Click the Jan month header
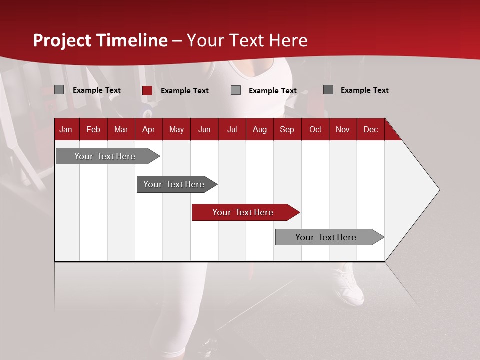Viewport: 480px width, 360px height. click(x=66, y=129)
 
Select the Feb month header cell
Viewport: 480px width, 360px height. click(x=93, y=129)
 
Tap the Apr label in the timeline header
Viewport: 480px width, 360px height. click(x=148, y=129)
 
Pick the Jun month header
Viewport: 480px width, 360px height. click(x=204, y=129)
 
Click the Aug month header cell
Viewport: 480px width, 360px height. click(x=259, y=129)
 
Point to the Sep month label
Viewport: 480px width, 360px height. click(x=287, y=129)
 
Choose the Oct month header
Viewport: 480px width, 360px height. click(x=315, y=129)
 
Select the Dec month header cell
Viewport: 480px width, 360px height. click(x=370, y=129)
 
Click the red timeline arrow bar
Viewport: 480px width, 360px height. click(x=245, y=212)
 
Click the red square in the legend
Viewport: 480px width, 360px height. click(x=147, y=90)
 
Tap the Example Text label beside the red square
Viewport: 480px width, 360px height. click(x=184, y=91)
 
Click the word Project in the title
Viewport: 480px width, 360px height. click(x=61, y=40)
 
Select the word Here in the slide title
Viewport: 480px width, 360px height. click(x=288, y=40)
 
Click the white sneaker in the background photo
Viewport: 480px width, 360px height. click(x=349, y=285)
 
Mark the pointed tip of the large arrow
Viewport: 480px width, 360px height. click(x=439, y=190)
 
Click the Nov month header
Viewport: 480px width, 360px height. click(x=342, y=129)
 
